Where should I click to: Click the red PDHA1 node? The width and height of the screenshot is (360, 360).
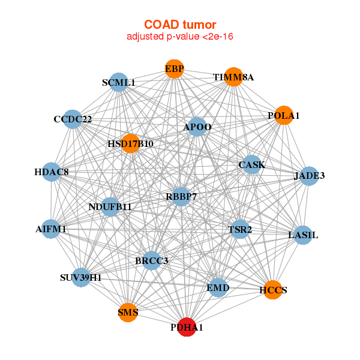187,327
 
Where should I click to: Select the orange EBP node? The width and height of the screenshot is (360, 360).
174,70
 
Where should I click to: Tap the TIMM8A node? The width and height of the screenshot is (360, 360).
233,77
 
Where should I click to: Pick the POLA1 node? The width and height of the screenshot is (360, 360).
284,115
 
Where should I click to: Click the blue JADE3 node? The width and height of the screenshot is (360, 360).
309,176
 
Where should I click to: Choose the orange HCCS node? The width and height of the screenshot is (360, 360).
272,290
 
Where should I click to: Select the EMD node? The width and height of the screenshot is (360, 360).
218,288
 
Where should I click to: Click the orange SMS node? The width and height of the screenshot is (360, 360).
128,312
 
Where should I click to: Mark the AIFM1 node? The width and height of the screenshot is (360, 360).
51,229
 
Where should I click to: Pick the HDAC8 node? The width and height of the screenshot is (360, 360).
52,172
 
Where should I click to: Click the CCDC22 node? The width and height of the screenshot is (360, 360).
72,119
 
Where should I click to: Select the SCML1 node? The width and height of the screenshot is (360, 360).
118,83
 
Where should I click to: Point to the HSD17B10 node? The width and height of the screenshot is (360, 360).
130,144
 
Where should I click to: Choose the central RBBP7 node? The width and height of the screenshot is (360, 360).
181,196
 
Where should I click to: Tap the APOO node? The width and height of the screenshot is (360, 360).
197,127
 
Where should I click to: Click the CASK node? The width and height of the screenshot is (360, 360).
252,164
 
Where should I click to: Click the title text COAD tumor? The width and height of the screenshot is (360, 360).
180,25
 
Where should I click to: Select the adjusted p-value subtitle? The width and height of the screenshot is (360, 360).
180,37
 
